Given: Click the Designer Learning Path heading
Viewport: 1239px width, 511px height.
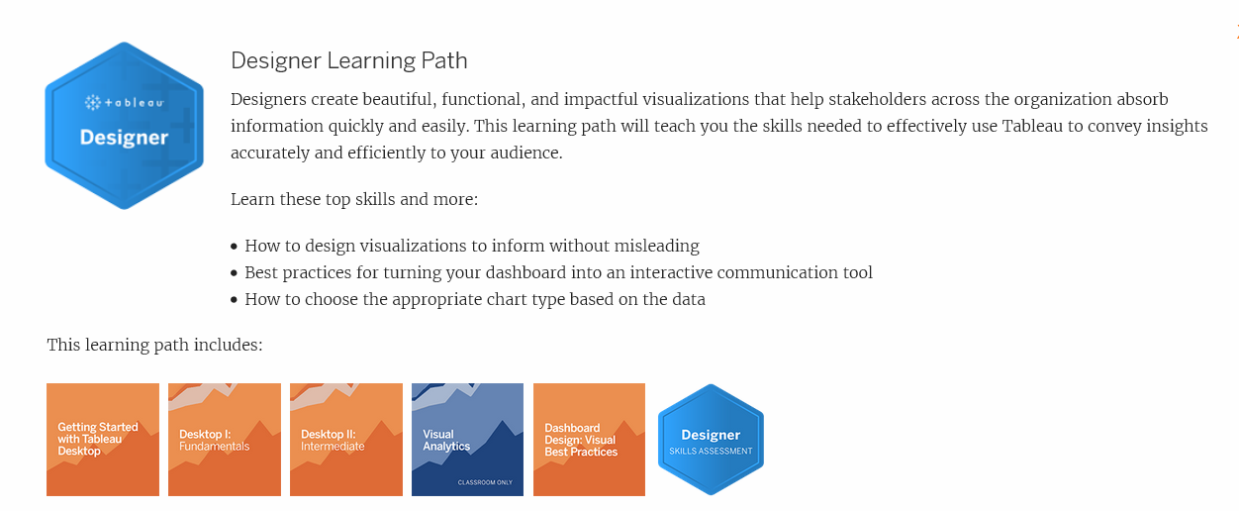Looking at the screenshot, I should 348,60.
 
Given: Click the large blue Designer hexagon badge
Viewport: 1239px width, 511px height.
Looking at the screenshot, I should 124,126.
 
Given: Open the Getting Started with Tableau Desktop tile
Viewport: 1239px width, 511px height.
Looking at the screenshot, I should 103,439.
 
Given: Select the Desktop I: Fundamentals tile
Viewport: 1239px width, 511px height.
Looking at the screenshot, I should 225,439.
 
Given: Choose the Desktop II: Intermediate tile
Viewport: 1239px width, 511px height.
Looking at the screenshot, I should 346,439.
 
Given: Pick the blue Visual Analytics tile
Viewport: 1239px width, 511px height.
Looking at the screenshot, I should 467,439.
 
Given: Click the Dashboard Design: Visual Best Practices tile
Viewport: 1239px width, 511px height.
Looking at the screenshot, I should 589,439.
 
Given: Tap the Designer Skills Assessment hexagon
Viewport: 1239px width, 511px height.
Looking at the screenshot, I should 711,440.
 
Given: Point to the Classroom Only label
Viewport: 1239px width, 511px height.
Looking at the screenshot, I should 484,482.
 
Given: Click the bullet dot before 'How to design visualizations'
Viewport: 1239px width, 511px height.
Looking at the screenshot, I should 235,247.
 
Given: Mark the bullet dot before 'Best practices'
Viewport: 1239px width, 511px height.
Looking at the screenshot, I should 235,273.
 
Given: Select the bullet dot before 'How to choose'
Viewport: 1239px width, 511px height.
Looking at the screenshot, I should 235,300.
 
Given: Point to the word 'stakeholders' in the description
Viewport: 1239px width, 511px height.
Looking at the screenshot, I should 808,100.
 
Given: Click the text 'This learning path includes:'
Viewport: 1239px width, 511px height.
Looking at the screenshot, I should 154,346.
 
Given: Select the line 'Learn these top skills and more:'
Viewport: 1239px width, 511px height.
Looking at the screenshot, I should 354,199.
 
